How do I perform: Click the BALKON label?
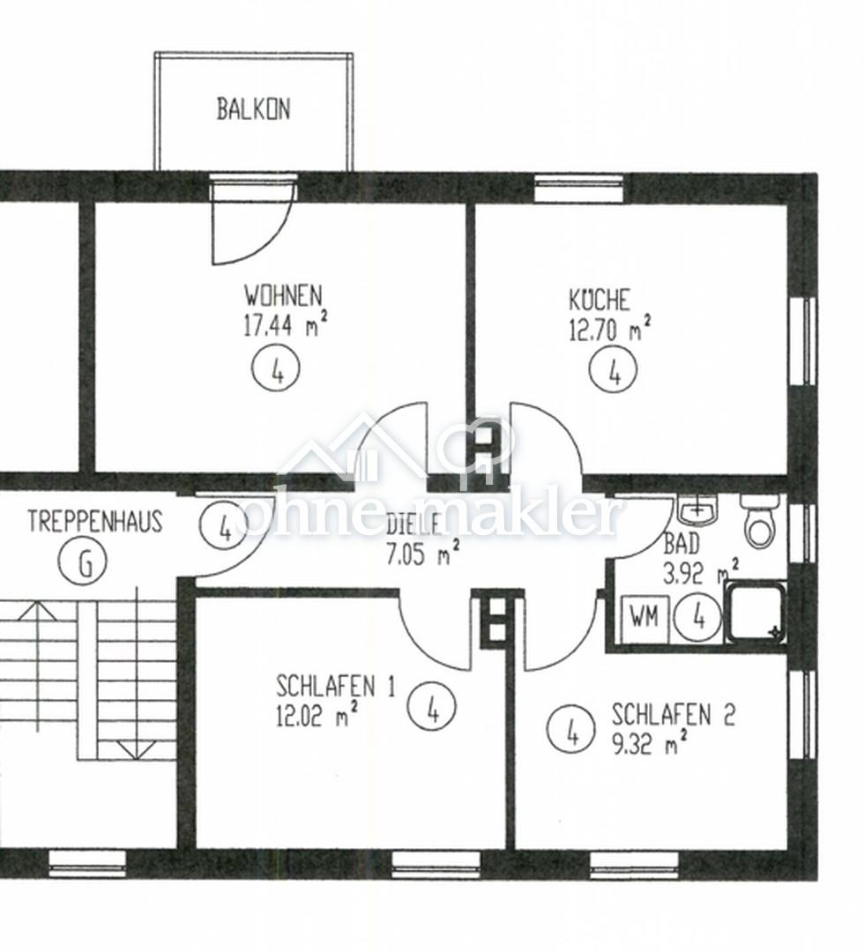[x=254, y=109]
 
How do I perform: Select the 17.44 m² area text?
[x=286, y=324]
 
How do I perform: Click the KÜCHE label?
[x=600, y=300]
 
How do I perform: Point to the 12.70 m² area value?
[x=610, y=329]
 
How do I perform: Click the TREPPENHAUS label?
[x=95, y=522]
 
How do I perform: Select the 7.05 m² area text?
[x=422, y=554]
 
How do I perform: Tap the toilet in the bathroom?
[x=759, y=521]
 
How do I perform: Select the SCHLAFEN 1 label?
[x=335, y=687]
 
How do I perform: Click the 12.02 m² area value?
[x=317, y=715]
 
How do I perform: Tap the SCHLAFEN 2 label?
[x=673, y=715]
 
